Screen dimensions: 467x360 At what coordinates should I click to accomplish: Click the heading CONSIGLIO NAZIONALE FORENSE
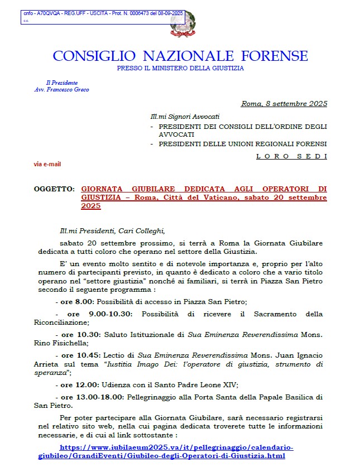point(180,56)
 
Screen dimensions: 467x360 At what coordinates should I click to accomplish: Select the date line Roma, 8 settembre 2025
point(284,103)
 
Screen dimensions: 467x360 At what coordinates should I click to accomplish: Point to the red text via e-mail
point(47,164)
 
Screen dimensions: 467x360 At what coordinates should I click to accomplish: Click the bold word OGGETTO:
point(54,190)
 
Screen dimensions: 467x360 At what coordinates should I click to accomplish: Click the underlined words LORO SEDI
point(291,156)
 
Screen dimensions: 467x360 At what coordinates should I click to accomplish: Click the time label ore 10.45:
point(79,355)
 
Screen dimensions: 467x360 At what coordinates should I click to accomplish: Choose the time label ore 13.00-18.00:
point(92,397)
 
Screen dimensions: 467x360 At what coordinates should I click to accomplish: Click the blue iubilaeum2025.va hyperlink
point(176,451)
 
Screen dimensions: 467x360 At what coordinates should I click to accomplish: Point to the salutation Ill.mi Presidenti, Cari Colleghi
point(113,230)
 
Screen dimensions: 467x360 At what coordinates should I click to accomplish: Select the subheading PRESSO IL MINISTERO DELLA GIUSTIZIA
point(180,68)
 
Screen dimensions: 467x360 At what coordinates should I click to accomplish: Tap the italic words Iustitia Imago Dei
point(131,364)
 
